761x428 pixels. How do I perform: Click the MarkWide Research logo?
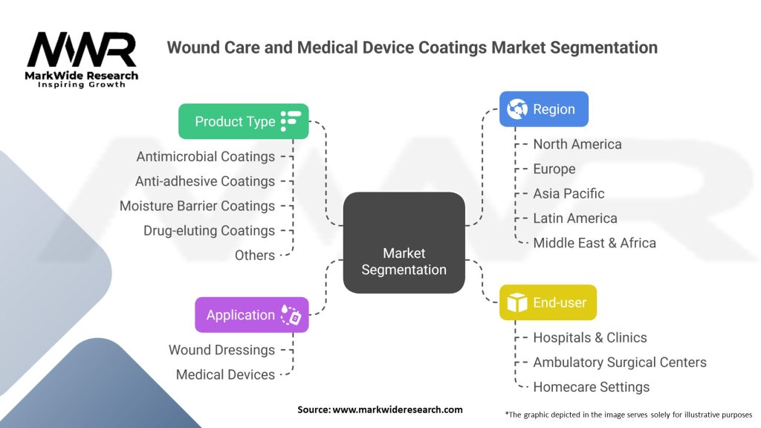pos(82,58)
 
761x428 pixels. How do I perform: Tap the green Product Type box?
pos(243,121)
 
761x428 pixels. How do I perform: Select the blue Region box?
pos(543,109)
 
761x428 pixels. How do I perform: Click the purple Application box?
pos(251,314)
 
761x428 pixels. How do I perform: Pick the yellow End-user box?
pos(548,302)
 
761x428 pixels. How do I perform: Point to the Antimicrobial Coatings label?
pos(206,157)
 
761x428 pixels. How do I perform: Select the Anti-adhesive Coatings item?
pos(205,181)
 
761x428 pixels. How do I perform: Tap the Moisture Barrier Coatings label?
pos(197,206)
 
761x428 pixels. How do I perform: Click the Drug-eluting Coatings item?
pos(209,230)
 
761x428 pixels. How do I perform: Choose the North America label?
pos(577,144)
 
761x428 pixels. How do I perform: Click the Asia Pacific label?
pos(569,193)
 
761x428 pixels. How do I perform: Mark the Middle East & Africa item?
pos(594,242)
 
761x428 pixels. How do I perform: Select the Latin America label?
pos(574,218)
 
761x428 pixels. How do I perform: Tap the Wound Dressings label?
pos(221,350)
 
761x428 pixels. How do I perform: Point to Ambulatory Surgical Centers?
pos(619,362)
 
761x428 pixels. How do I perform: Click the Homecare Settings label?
pos(591,386)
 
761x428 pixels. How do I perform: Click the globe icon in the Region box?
pos(517,109)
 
